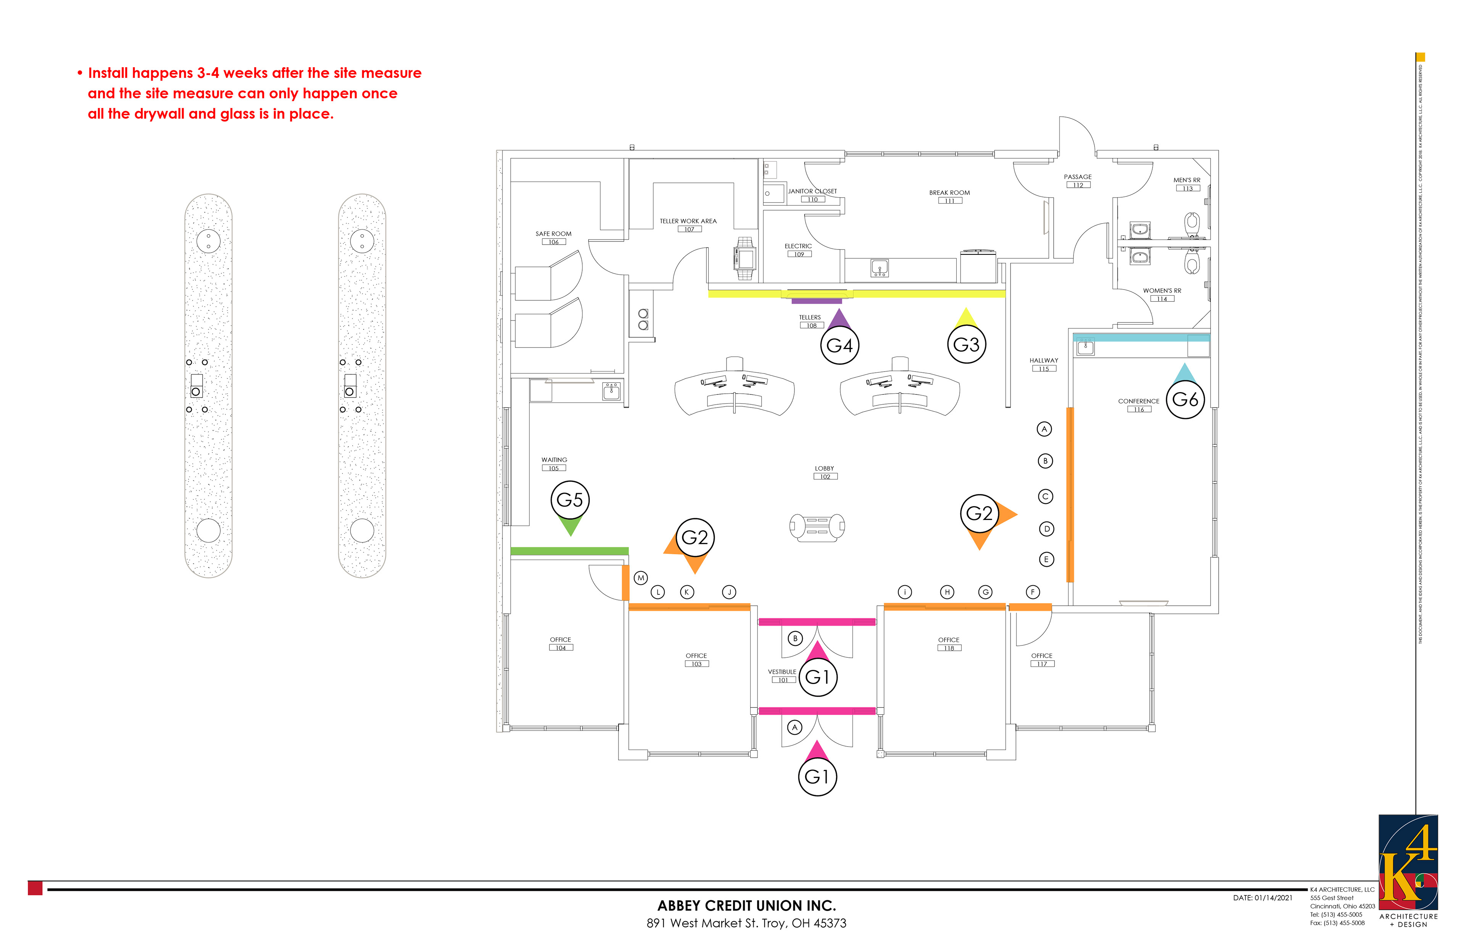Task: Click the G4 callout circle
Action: click(839, 345)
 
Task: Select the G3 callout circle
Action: click(966, 344)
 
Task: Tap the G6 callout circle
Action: click(1185, 399)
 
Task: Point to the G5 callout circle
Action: click(570, 500)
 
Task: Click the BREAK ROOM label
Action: click(949, 193)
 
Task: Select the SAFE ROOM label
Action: click(553, 234)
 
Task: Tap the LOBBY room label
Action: click(824, 468)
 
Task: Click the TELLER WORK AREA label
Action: click(688, 221)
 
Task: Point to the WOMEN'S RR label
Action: click(1162, 291)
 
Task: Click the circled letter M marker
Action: click(641, 578)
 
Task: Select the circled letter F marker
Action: click(1032, 592)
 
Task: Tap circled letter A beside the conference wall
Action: click(1044, 429)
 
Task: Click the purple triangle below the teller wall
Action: click(839, 319)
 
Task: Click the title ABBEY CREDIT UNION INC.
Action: click(746, 906)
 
